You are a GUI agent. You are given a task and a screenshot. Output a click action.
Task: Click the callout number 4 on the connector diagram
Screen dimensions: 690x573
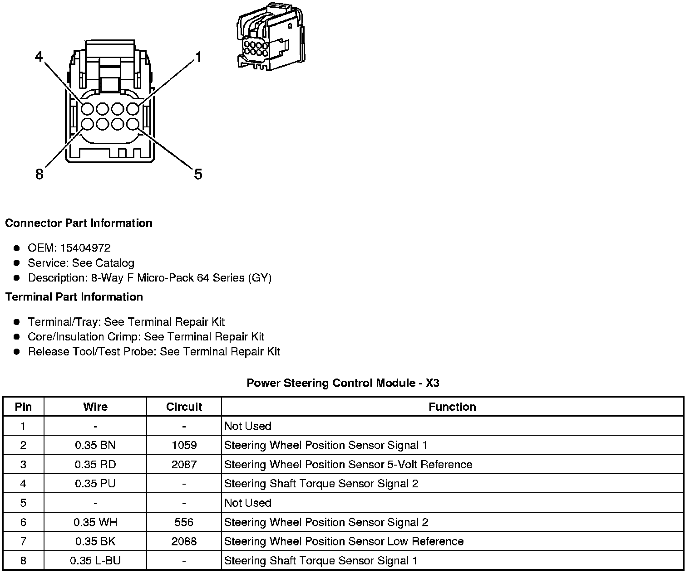[x=39, y=57]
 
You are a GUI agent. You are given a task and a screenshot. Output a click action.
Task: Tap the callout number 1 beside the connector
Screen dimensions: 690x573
[x=198, y=57]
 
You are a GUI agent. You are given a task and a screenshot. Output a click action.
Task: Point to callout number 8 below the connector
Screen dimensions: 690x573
[x=39, y=174]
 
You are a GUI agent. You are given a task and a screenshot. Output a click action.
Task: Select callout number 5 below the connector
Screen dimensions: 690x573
[x=198, y=174]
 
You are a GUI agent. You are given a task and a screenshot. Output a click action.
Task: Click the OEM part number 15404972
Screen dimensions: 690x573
[x=85, y=248]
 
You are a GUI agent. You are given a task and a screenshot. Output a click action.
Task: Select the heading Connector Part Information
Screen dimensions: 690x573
[x=79, y=223]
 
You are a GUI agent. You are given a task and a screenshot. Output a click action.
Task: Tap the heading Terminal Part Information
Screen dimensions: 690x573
[x=74, y=297]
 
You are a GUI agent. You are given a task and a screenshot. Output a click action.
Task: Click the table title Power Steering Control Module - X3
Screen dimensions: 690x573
[x=343, y=383]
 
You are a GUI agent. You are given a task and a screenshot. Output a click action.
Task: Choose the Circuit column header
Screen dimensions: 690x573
[x=184, y=407]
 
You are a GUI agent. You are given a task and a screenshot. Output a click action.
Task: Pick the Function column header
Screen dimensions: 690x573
[x=452, y=407]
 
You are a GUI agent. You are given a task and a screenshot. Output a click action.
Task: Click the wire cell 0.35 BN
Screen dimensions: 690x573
[x=95, y=445]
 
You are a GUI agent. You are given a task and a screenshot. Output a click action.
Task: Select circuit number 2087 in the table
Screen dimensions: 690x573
[x=184, y=465]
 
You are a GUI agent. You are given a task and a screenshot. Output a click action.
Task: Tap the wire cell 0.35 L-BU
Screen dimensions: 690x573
[x=95, y=561]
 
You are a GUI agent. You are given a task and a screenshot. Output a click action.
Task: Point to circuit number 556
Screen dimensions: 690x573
[x=184, y=522]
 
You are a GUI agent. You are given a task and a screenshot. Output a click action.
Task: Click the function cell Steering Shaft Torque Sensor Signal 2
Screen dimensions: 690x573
[x=321, y=484]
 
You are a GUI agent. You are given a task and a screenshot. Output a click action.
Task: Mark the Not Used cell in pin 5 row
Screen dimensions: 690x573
[x=248, y=503]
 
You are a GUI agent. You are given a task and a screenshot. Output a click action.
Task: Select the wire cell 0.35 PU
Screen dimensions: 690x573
[x=95, y=484]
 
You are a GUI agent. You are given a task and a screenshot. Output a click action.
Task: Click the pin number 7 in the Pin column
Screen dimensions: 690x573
[x=23, y=541]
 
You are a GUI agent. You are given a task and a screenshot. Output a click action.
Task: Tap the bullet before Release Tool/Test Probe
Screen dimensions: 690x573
[x=17, y=352]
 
